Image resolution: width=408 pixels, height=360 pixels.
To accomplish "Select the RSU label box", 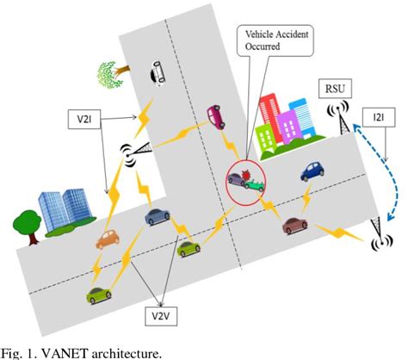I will [x=332, y=90].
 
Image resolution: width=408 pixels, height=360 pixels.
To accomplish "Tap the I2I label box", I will [x=380, y=114].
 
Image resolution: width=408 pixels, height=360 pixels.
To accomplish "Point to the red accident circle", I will [x=245, y=183].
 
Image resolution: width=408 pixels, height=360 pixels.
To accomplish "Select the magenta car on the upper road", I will [x=217, y=116].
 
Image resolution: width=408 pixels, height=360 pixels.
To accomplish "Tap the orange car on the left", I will [x=107, y=239].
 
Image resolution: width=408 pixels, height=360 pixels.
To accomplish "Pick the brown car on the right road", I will [x=294, y=226].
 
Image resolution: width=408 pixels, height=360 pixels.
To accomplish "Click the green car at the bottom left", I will [x=99, y=295].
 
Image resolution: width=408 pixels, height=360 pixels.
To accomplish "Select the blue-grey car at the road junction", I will [x=158, y=215].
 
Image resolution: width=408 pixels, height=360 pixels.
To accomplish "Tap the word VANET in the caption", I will [x=58, y=351].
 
